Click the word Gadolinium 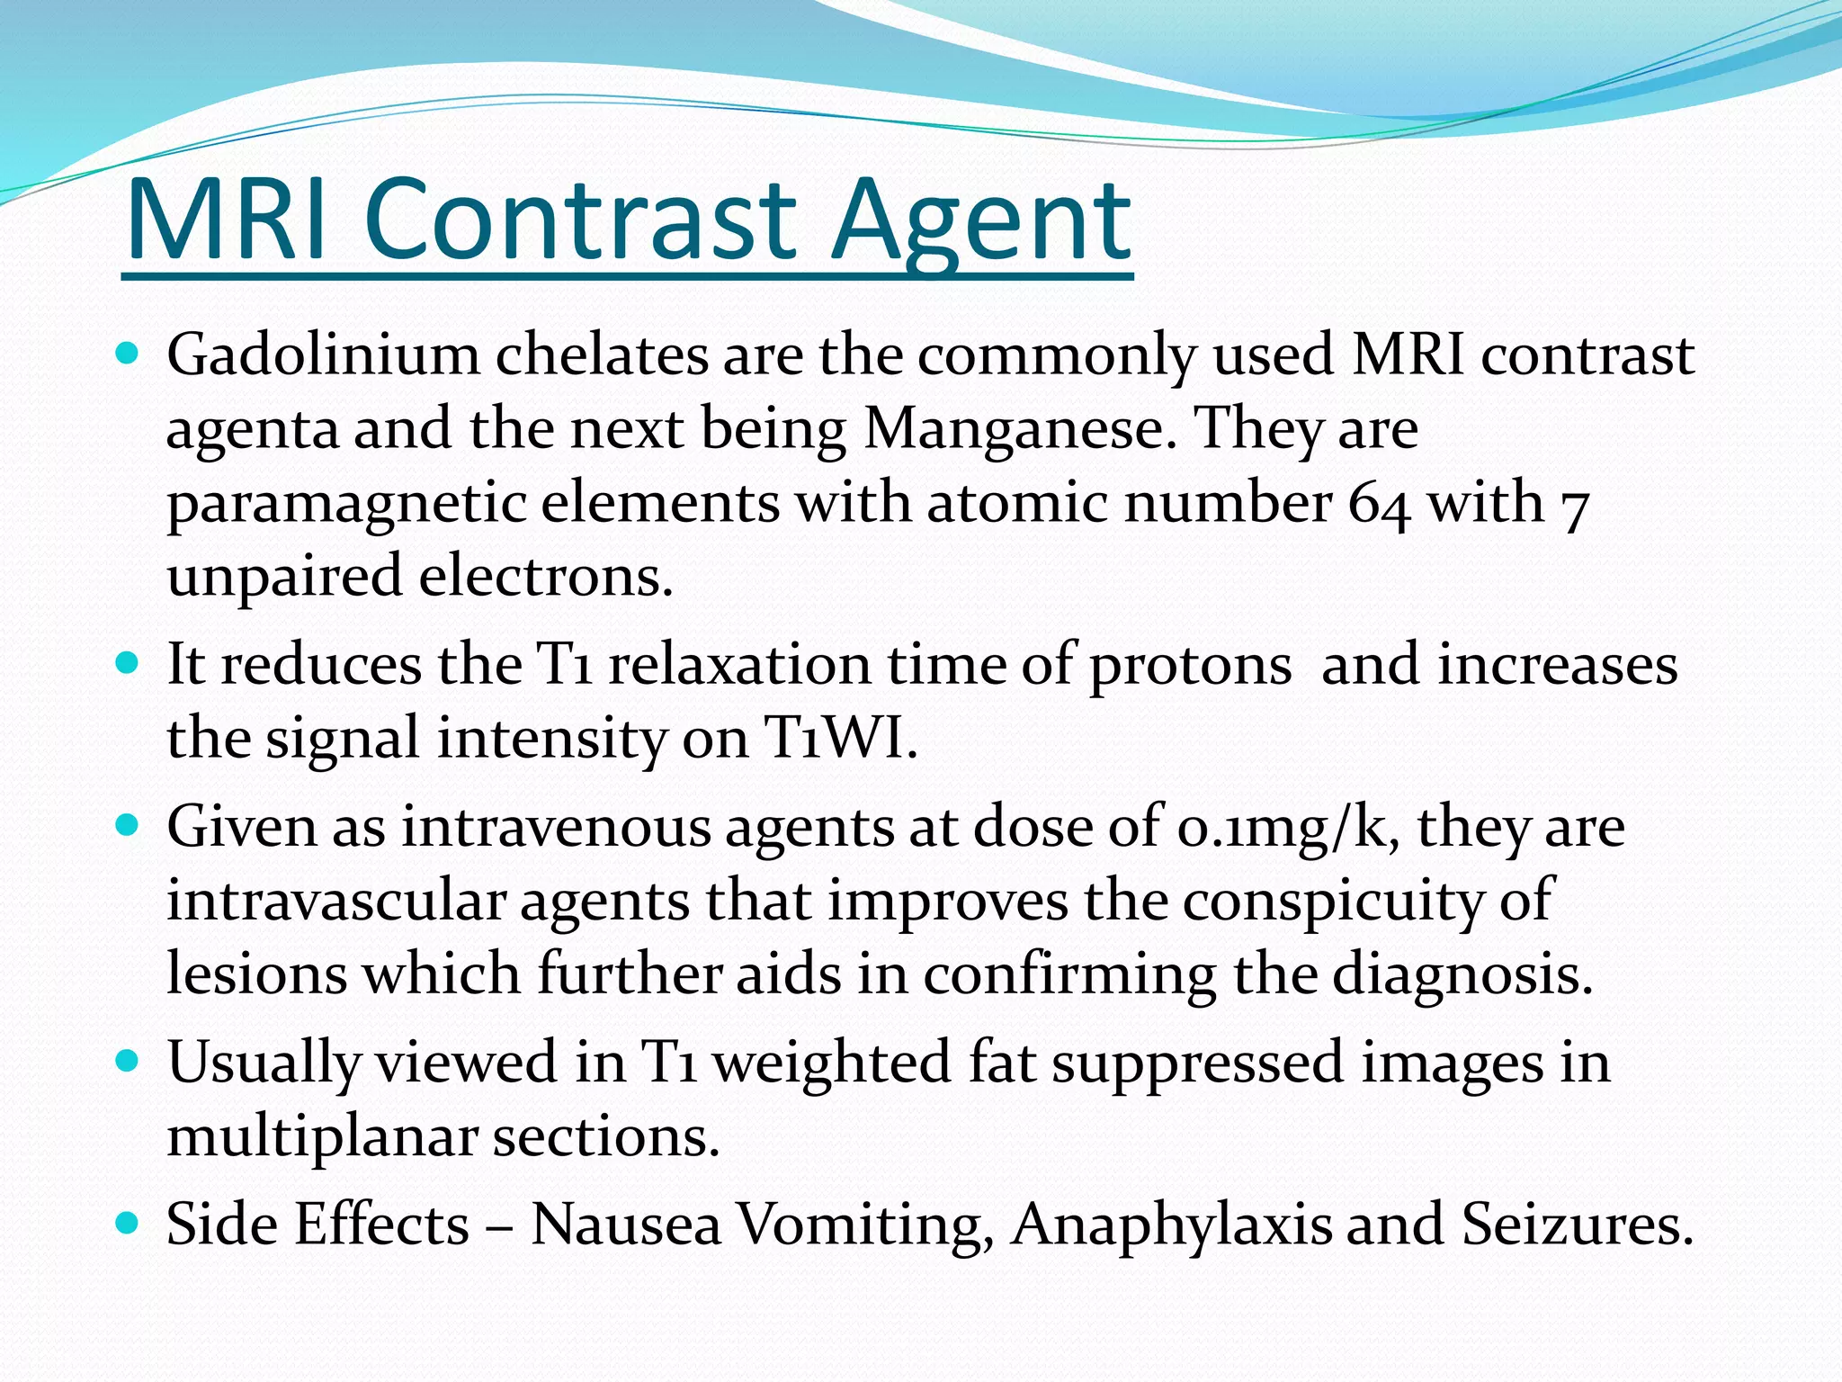(323, 354)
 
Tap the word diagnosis (1462, 975)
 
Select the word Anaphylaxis (1170, 1225)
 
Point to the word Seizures (1578, 1225)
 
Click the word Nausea (626, 1225)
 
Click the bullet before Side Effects (127, 1223)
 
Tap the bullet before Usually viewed (127, 1061)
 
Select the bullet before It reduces (127, 664)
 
